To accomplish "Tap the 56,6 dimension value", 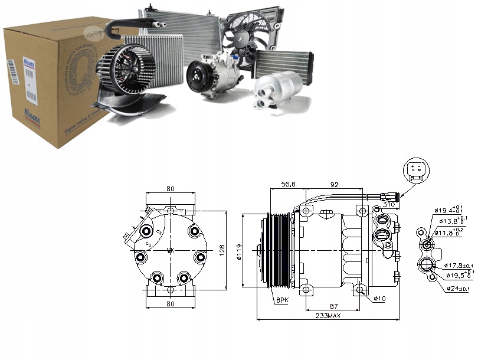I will point(288,185).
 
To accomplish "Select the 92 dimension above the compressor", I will point(334,185).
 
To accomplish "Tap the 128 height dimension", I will point(222,250).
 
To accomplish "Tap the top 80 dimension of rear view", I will point(170,189).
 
